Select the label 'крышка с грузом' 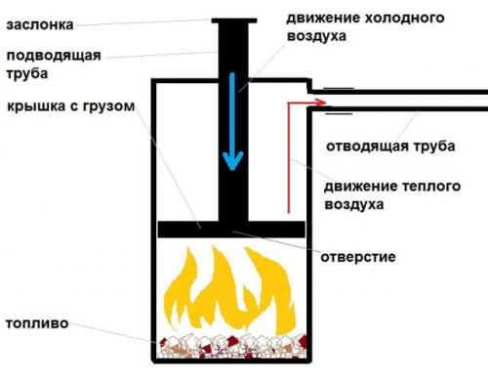[x=65, y=106]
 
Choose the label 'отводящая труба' [x=386, y=146]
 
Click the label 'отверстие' [x=358, y=256]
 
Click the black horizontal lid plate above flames [x=232, y=229]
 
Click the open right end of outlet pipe [x=482, y=100]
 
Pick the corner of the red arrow [x=289, y=101]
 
